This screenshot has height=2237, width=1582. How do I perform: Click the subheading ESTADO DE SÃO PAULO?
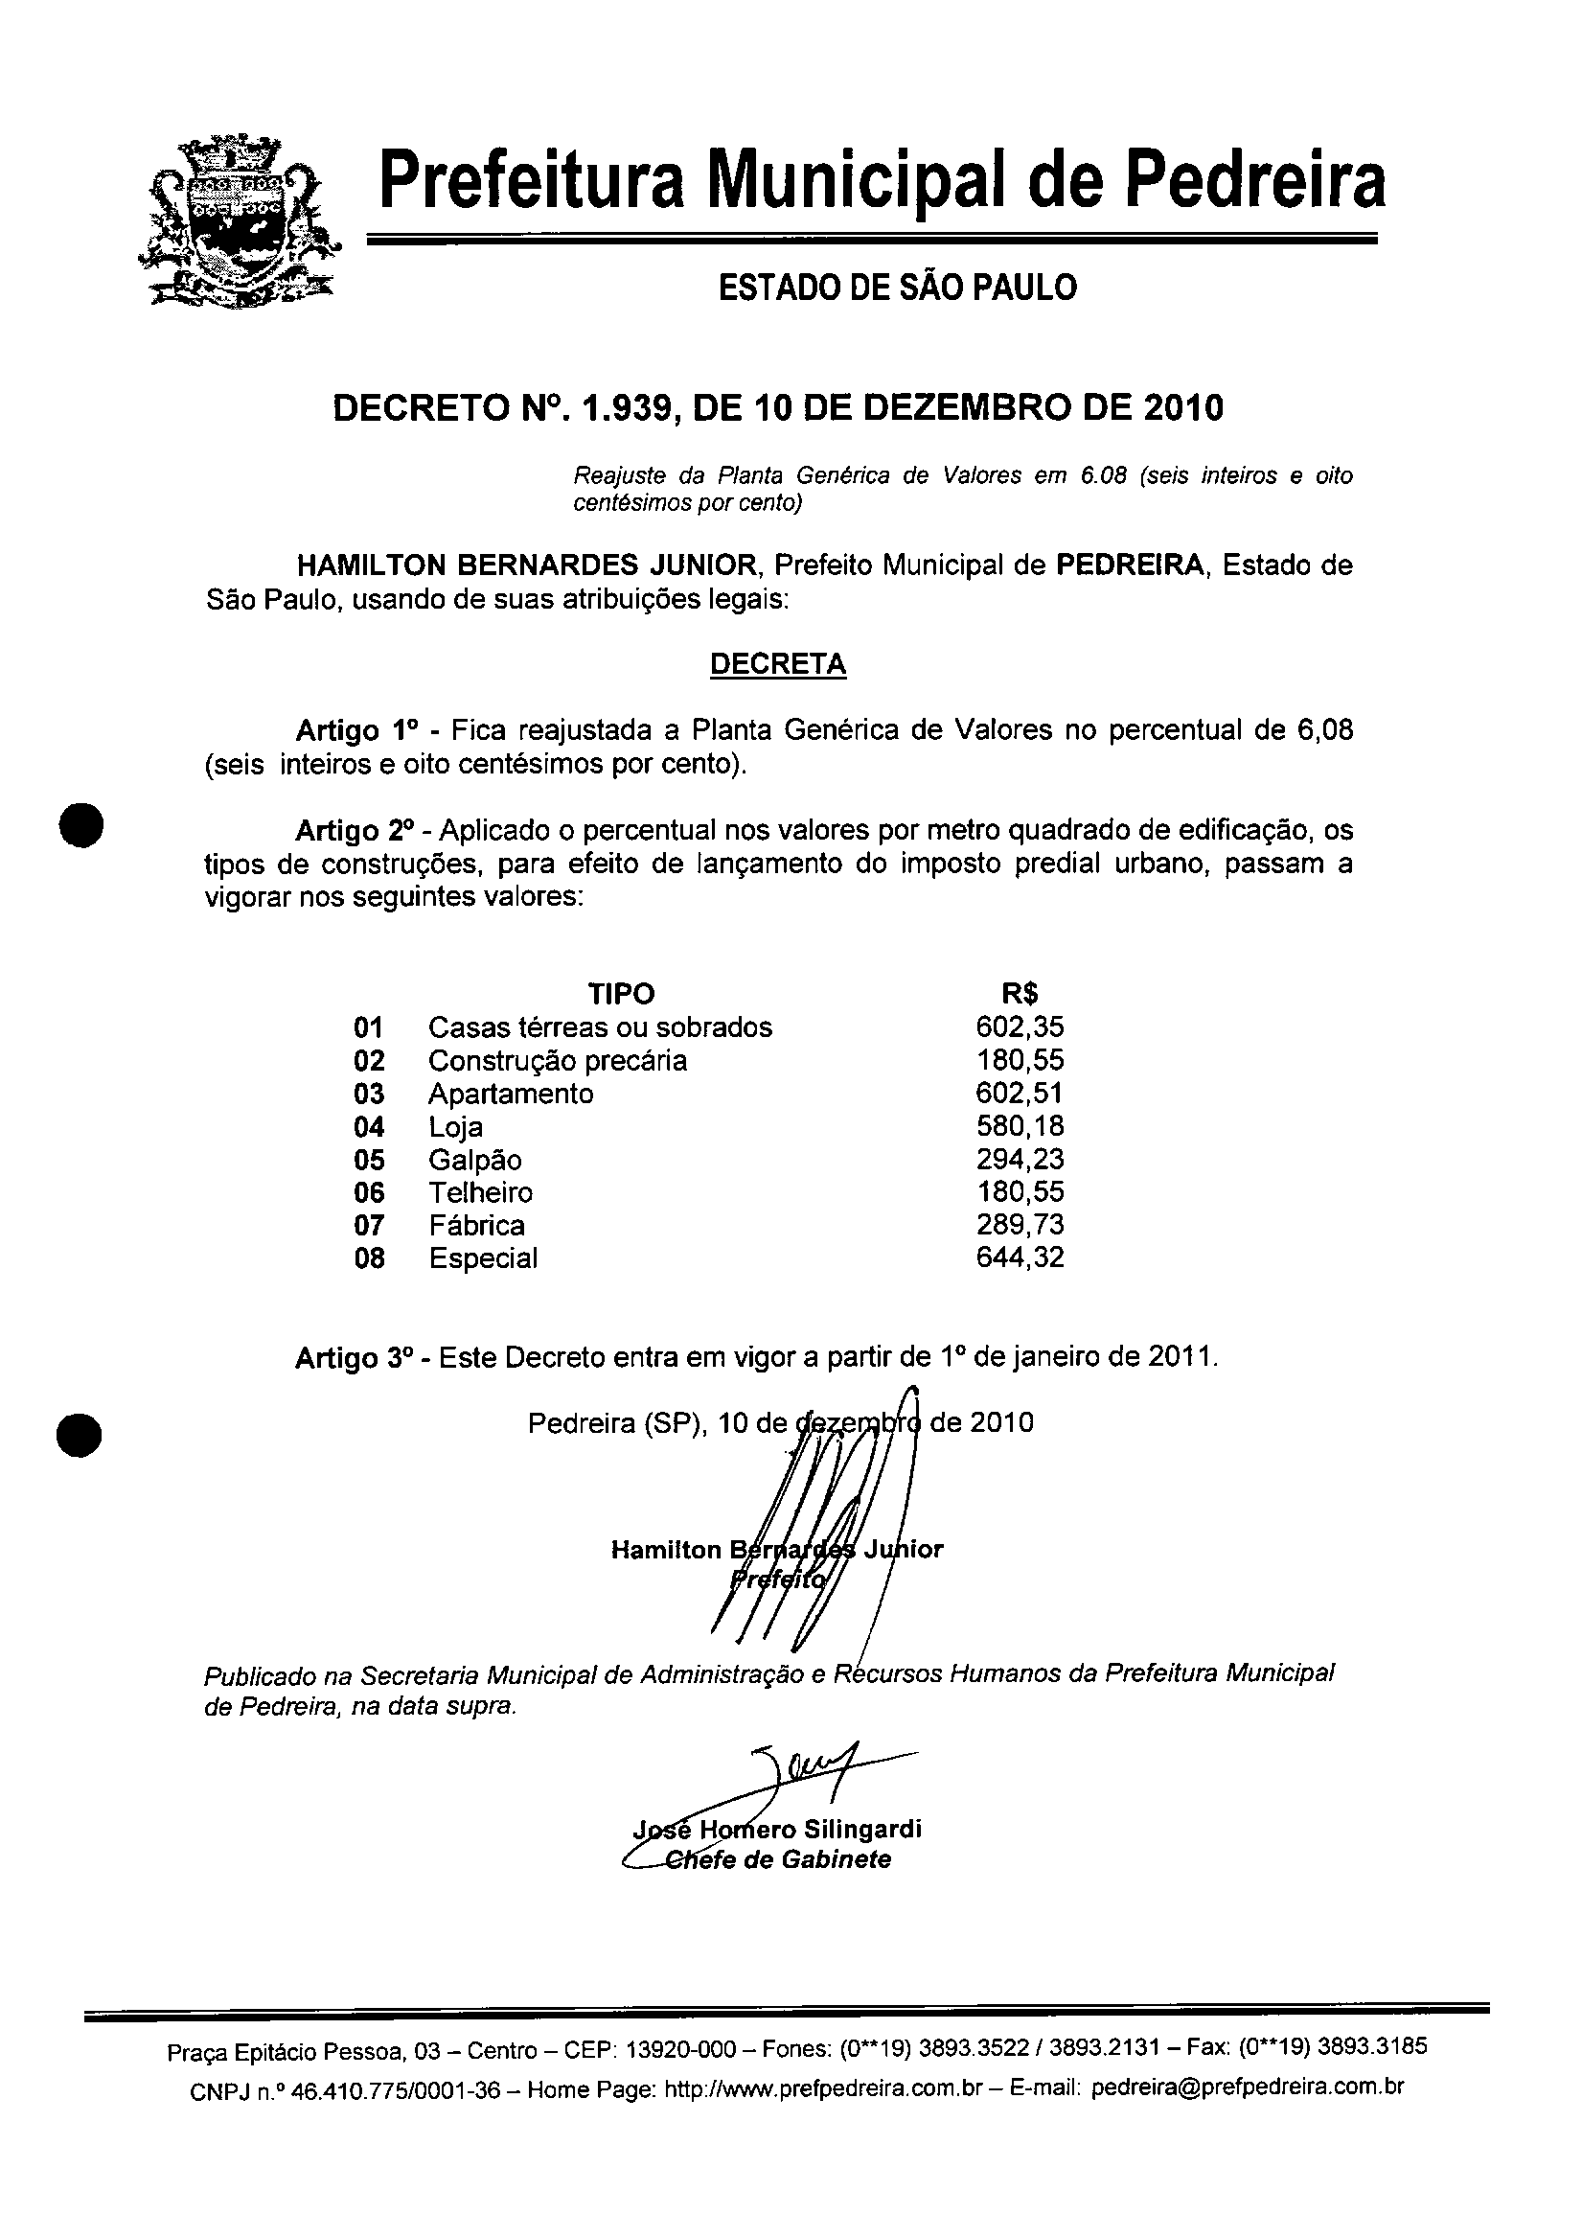coord(897,288)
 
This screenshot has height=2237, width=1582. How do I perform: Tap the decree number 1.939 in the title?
coord(623,407)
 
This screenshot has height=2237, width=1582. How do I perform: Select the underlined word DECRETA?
coord(777,664)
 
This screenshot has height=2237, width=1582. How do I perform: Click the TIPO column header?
coord(622,994)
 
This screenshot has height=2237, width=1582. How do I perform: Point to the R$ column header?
coord(1019,994)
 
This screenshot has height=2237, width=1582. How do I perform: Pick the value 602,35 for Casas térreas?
coord(1019,1026)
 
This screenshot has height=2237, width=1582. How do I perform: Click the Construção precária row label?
coord(558,1060)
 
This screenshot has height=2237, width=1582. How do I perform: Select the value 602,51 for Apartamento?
coord(1019,1094)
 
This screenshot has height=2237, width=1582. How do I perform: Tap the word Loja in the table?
coord(455,1127)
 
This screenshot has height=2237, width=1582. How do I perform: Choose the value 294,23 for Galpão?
coord(1019,1160)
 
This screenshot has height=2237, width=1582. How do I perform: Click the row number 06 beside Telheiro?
coord(369,1192)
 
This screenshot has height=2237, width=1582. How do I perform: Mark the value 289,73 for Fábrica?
coord(1019,1225)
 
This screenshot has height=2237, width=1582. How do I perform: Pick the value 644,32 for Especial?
coord(1019,1257)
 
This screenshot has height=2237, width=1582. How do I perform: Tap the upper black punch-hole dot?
coord(80,826)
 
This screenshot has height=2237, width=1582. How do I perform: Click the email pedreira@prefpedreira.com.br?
coord(1247,2087)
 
